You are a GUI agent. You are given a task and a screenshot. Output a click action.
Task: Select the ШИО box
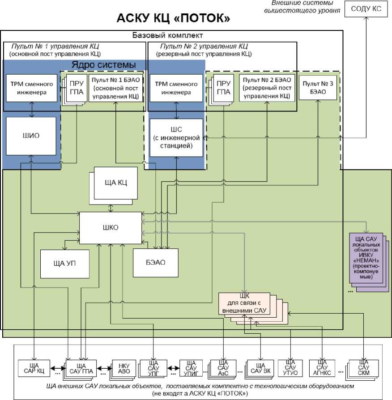(x=31, y=136)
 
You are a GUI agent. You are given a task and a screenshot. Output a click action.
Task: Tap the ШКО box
(x=111, y=227)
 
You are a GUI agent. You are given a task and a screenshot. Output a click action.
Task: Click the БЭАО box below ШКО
(x=155, y=262)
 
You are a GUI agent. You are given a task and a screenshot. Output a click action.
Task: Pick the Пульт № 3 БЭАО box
(x=319, y=87)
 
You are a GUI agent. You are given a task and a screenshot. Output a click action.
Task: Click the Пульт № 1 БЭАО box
(x=115, y=88)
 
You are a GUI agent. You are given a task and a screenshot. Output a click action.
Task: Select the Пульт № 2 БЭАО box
(x=267, y=88)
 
